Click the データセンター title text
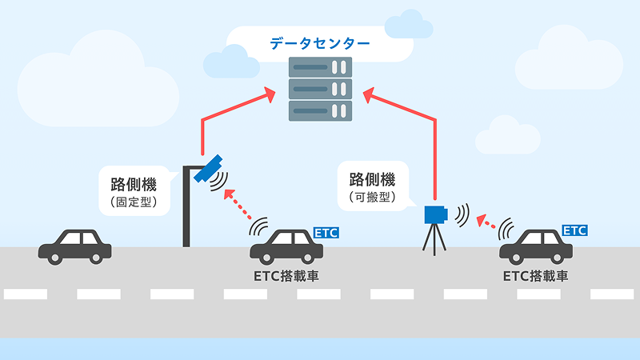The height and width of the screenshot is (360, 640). (x=319, y=42)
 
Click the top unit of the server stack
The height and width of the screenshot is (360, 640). (x=320, y=66)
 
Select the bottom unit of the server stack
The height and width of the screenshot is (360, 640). (x=320, y=108)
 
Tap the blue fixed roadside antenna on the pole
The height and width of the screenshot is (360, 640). (x=211, y=166)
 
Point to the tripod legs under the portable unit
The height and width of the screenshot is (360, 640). (x=434, y=239)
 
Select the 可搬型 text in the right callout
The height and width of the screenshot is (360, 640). (x=372, y=195)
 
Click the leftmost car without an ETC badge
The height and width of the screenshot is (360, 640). (x=75, y=244)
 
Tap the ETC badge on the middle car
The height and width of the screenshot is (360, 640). (x=326, y=233)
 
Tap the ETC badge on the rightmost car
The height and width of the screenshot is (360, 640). (x=575, y=230)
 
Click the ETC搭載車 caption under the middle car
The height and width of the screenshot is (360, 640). (x=286, y=276)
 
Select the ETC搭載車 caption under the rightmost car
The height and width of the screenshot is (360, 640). (x=536, y=276)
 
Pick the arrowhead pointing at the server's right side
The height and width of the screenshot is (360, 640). (x=369, y=94)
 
